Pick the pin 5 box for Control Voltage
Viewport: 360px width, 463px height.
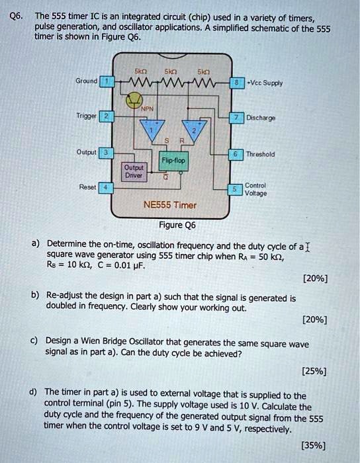(x=234, y=189)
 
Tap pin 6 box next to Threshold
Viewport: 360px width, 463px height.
(x=234, y=153)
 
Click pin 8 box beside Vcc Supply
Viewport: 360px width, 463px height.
(x=234, y=82)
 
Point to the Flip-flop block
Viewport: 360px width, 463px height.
(x=174, y=160)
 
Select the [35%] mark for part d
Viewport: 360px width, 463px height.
(x=313, y=445)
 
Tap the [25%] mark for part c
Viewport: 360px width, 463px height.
(x=313, y=370)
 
